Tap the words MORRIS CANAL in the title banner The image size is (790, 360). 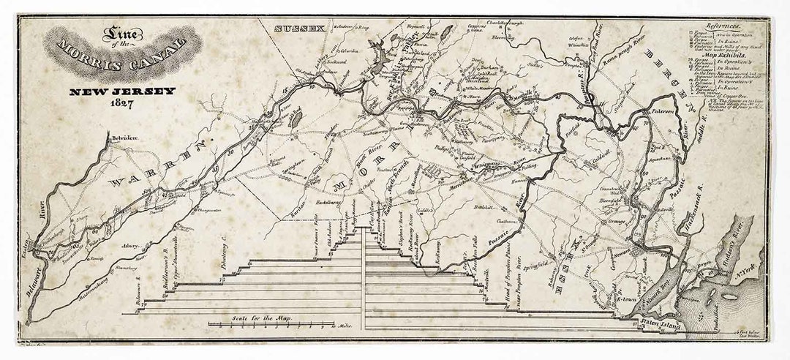point(123,56)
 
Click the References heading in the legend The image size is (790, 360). point(724,25)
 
